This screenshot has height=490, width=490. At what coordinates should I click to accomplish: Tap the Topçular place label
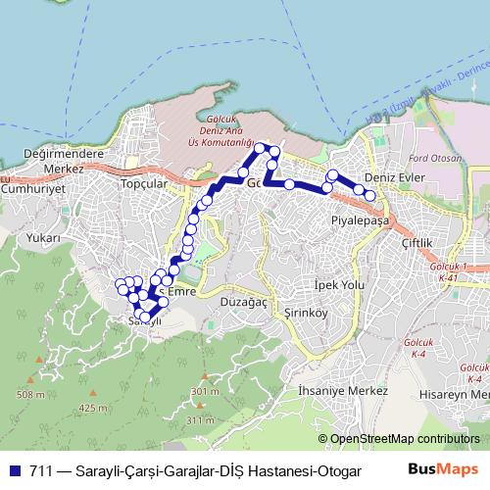point(139,183)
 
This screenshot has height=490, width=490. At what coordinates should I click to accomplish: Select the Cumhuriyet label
point(31,190)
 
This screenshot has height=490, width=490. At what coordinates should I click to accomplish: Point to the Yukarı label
point(44,237)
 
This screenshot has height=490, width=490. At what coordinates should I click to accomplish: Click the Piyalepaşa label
point(361,220)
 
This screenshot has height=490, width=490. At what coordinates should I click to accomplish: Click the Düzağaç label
point(242,304)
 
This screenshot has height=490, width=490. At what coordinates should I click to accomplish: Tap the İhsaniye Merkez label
point(331,390)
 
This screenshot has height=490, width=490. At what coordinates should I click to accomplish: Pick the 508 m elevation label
point(30,394)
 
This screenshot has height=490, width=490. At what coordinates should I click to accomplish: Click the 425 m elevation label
point(93,408)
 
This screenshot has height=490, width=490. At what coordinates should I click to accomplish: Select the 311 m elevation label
point(198,420)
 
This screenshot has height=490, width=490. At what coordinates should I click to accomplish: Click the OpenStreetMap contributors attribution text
point(404,439)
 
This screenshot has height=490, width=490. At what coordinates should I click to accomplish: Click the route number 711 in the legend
point(39,470)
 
